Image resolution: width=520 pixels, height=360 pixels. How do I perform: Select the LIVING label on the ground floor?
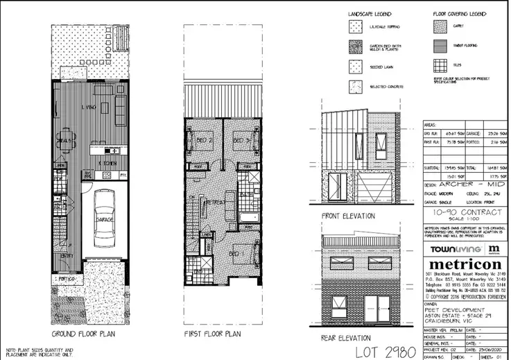[88, 107]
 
